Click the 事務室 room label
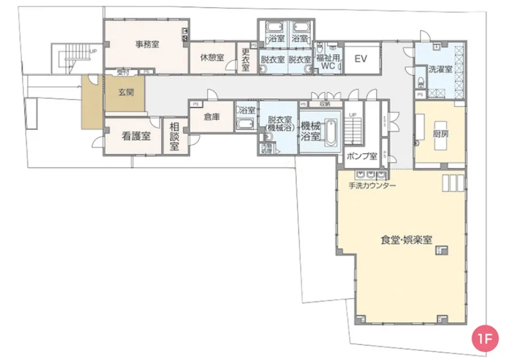pos(148,44)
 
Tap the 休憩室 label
pos(213,57)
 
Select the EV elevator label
pos(360,58)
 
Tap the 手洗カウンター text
pos(372,186)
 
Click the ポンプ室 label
pos(362,155)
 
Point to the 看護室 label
pos(136,135)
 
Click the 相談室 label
pos(174,137)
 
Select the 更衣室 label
pos(246,60)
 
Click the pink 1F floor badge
pos(485,339)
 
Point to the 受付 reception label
pos(123,72)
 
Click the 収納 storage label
pos(325,104)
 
